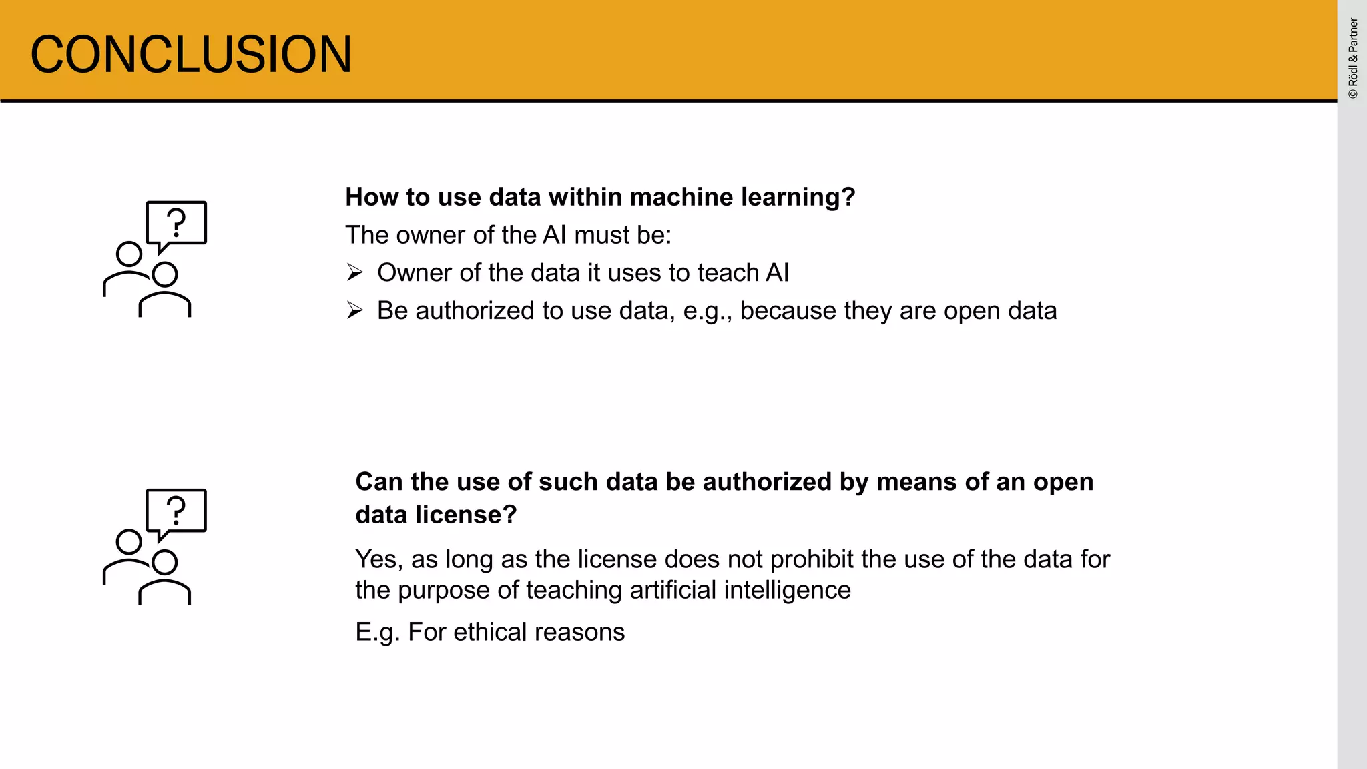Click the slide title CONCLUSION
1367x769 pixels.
[x=191, y=54]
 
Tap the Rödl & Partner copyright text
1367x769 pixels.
[x=1353, y=59]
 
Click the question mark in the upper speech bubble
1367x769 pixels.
[x=176, y=223]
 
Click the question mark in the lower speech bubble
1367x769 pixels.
[x=176, y=511]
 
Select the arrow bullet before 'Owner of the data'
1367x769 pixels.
[x=354, y=272]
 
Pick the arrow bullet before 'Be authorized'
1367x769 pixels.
[x=354, y=310]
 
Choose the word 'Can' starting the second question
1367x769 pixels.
[x=378, y=481]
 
